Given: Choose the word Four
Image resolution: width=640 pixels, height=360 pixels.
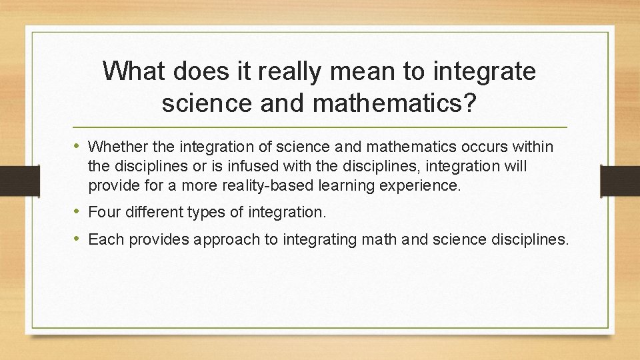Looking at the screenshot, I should [x=103, y=213].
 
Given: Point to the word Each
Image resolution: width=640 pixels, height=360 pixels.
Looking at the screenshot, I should [x=104, y=239].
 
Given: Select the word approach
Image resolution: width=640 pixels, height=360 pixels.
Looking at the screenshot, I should [x=227, y=239].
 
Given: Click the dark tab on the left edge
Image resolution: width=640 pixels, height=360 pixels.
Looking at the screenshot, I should [x=10, y=180].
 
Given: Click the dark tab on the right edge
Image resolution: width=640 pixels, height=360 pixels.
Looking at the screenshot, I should [x=620, y=180].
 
